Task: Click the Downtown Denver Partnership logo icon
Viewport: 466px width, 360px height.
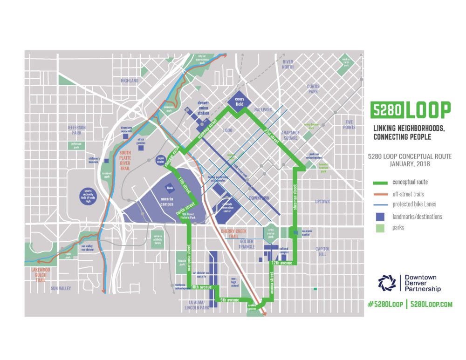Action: (386, 283)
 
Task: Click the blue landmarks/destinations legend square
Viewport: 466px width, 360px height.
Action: (380, 217)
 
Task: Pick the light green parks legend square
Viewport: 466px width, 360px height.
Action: (380, 228)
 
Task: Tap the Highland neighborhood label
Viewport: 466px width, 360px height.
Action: (130, 81)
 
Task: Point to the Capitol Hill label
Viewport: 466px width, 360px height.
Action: (322, 251)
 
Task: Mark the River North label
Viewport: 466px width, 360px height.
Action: (287, 64)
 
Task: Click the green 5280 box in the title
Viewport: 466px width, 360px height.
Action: (386, 110)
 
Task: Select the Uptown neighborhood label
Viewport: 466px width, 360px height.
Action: (322, 202)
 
